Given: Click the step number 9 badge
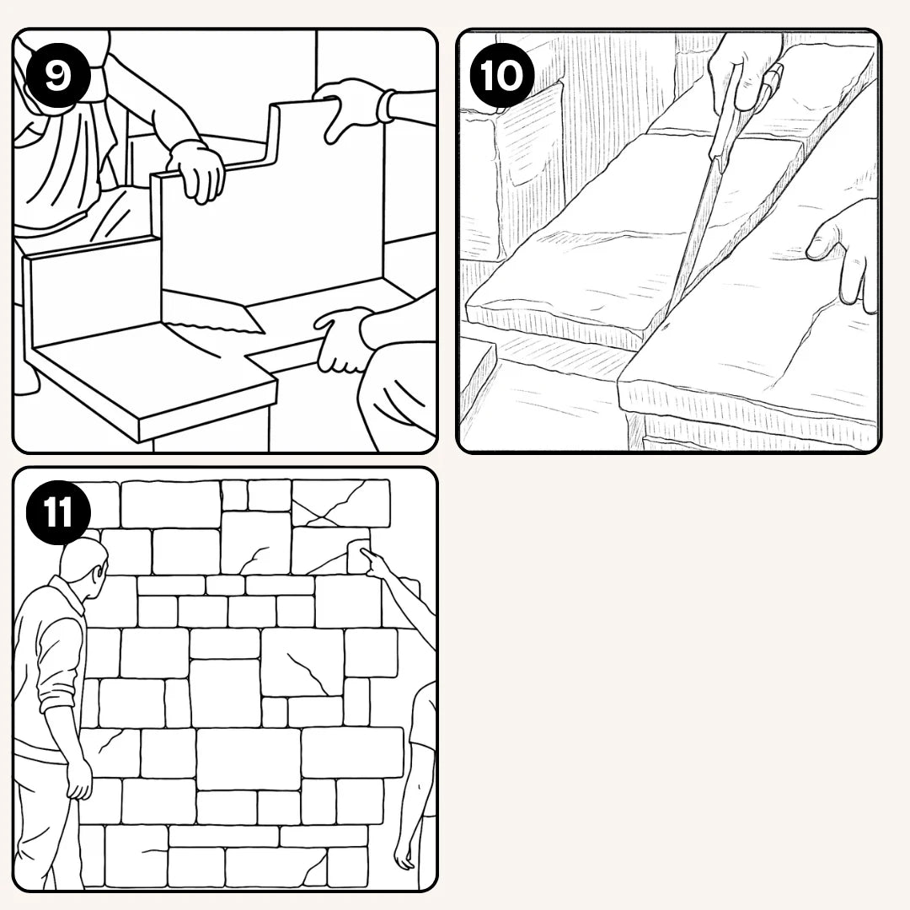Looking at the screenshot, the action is coord(58,76).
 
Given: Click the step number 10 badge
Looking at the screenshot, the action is coord(500,76).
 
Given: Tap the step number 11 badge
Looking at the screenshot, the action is coord(58,512).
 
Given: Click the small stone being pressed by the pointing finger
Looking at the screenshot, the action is coord(356,556).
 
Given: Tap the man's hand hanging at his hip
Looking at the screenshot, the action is coord(79,778).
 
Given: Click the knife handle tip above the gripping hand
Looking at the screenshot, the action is coord(773,76).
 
